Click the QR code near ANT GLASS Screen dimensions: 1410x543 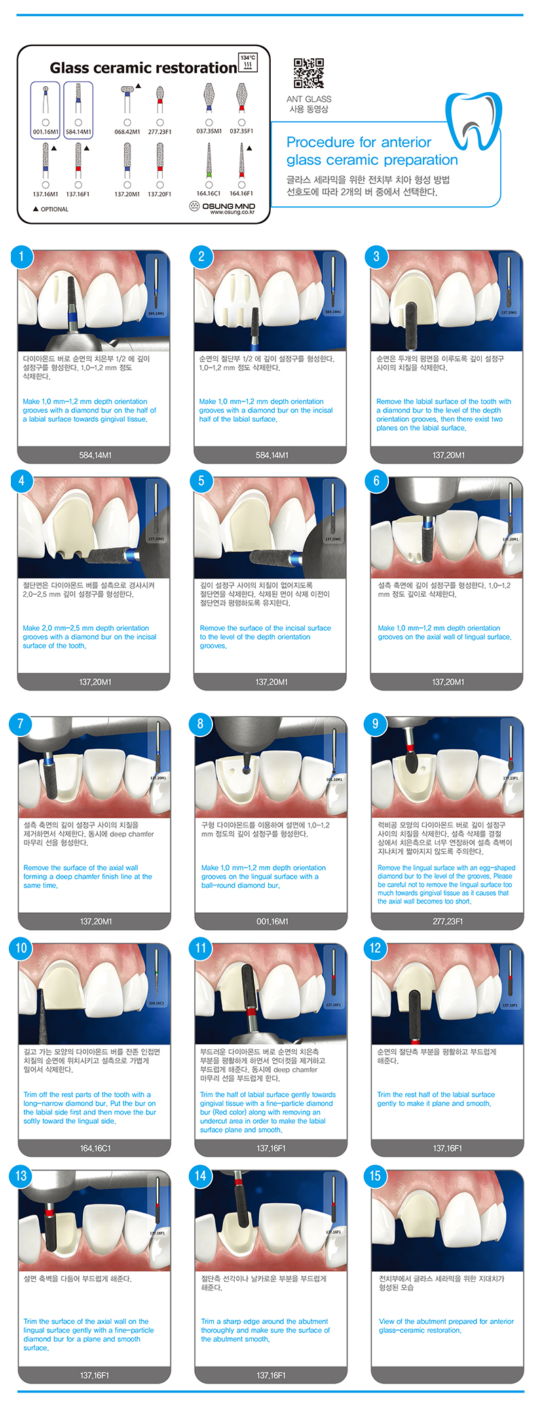coord(308,73)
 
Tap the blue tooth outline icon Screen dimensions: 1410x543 coord(473,121)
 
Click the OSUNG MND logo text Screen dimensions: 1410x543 coord(228,205)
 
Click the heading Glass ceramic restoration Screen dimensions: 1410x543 coord(143,68)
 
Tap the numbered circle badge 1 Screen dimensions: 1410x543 coord(21,256)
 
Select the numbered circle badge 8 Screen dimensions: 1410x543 coord(200,724)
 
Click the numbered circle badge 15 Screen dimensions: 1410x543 coord(375,1175)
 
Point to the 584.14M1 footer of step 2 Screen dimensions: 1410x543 coord(271,455)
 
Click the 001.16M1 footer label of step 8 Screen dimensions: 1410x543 coord(272,921)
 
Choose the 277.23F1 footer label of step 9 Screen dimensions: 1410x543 coord(448,921)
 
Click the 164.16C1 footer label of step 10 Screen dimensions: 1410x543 coord(95,1148)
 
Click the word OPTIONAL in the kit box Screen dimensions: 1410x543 coord(54,209)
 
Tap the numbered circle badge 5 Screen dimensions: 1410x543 coord(201,481)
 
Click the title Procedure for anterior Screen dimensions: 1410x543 coord(358,142)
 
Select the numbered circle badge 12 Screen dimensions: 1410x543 coord(375,948)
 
